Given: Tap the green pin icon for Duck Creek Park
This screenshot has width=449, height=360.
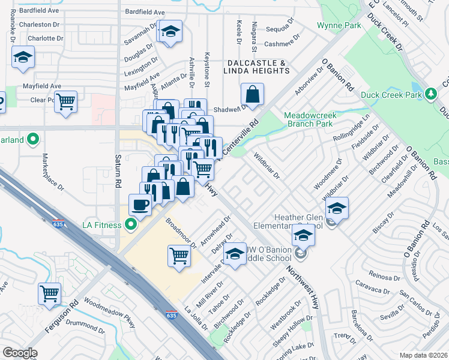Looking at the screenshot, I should pyautogui.click(x=430, y=94).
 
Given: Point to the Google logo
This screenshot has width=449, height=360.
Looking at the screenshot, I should pyautogui.click(x=20, y=353).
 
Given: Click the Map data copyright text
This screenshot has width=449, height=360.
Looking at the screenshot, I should pyautogui.click(x=423, y=355).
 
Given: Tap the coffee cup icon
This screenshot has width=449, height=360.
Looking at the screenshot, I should pyautogui.click(x=140, y=205).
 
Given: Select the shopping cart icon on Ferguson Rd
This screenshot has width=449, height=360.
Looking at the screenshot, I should pyautogui.click(x=50, y=293).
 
